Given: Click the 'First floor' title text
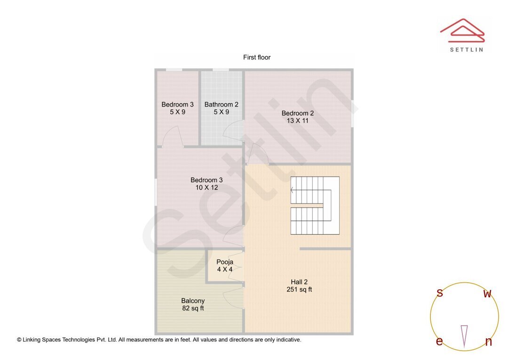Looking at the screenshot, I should [256, 57].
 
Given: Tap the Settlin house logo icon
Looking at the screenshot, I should [462, 29].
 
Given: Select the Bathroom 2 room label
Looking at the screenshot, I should [221, 105].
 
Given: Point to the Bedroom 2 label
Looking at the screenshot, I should [297, 113].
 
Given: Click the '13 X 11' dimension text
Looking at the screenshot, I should [297, 121].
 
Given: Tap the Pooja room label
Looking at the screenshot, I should [224, 262].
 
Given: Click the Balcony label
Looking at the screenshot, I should [193, 301].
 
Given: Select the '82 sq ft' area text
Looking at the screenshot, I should [193, 309].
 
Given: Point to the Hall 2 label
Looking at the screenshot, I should [299, 282].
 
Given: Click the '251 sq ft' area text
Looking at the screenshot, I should [299, 290].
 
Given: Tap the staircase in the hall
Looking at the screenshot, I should [314, 205].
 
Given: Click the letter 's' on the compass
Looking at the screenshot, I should [440, 293].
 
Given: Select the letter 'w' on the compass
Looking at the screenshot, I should [487, 294].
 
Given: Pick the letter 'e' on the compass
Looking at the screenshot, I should [439, 342].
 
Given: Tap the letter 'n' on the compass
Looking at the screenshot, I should [488, 342].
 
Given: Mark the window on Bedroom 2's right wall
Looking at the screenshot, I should [352, 113].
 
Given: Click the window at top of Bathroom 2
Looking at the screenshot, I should [221, 70].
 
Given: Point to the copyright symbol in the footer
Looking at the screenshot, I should [19, 340].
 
